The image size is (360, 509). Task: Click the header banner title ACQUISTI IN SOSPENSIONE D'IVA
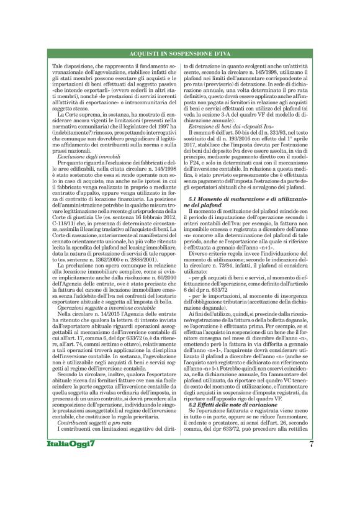(x=180, y=55)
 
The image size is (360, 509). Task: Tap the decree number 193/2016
(x=235, y=141)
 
